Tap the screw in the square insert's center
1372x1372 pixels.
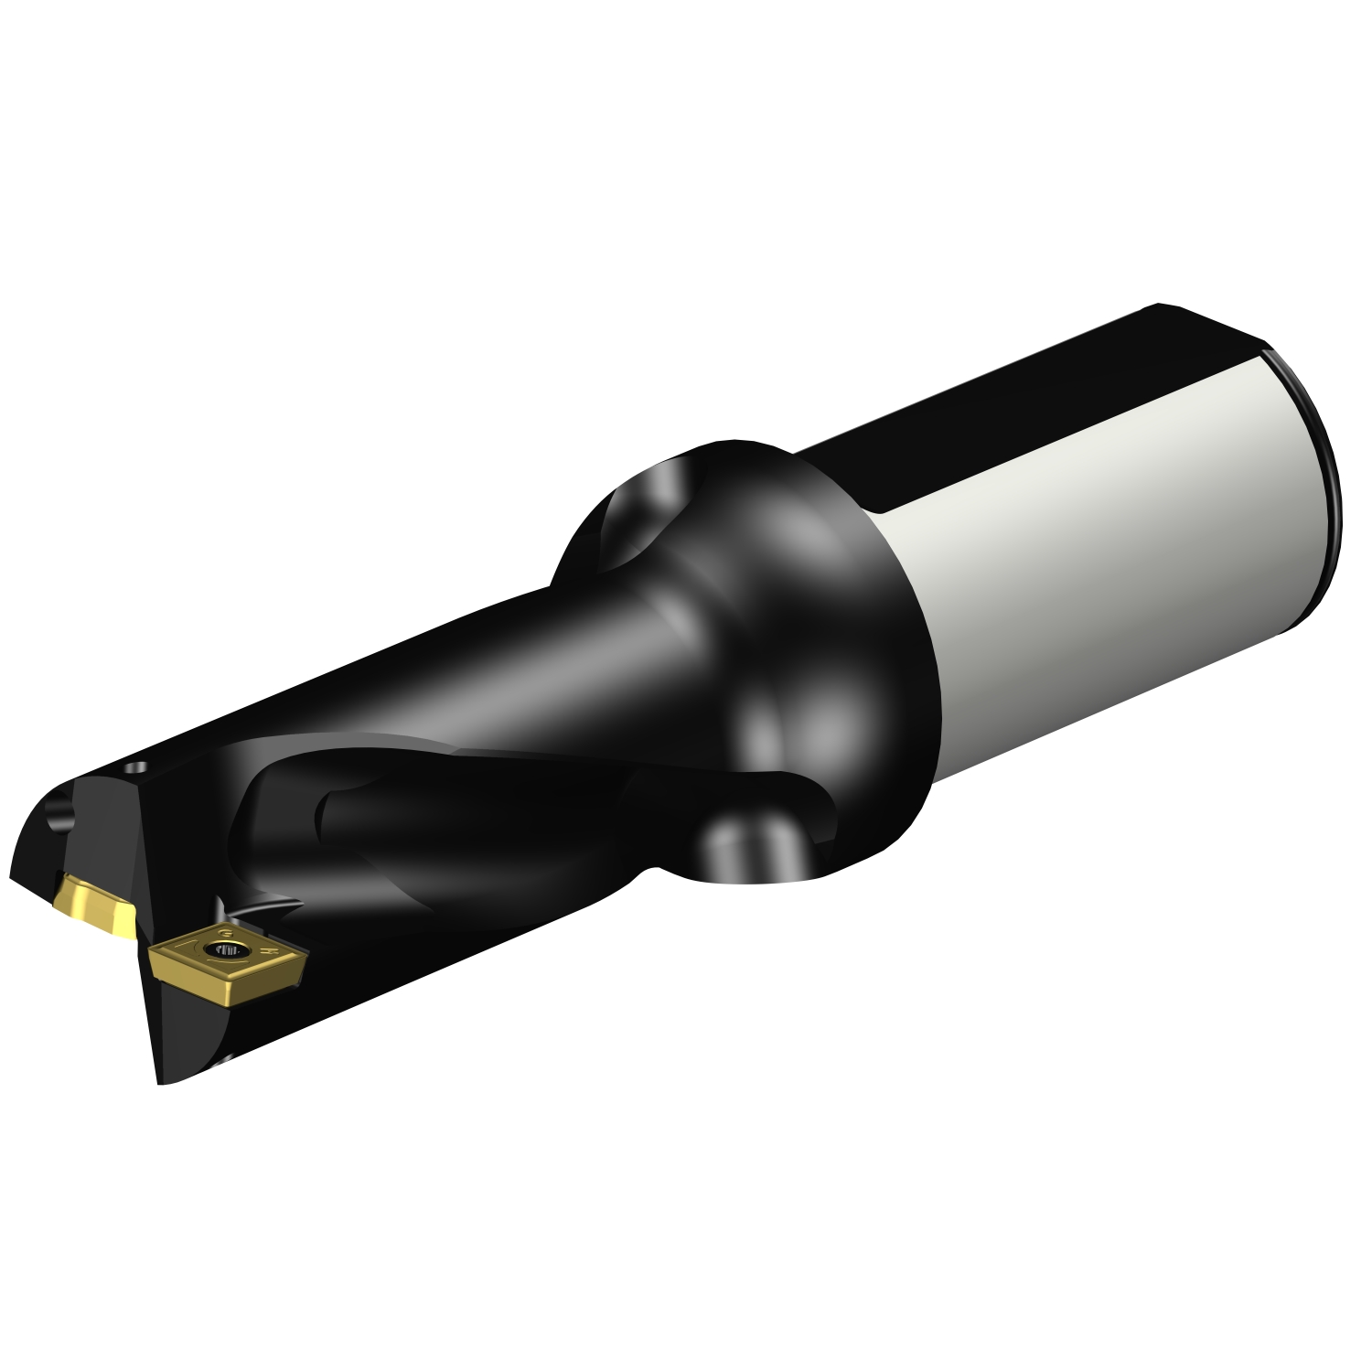[222, 950]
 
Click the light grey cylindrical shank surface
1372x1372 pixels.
[1098, 549]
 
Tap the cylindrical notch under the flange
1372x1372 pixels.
[750, 846]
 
